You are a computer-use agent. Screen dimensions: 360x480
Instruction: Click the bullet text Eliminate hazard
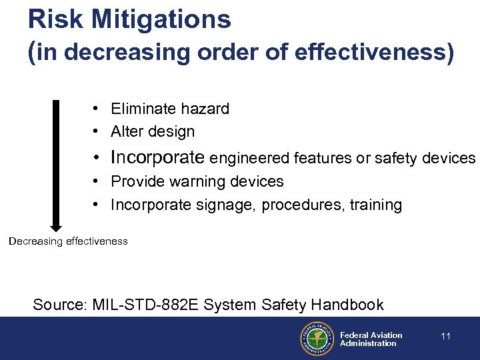click(x=170, y=109)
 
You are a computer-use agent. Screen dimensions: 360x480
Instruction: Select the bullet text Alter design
click(x=153, y=131)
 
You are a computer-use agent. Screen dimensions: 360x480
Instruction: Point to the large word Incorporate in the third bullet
click(x=157, y=157)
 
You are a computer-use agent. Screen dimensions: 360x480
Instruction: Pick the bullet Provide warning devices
click(x=197, y=181)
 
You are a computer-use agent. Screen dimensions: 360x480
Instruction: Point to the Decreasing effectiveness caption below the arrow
click(x=68, y=241)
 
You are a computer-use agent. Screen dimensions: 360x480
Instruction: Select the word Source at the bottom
click(x=59, y=305)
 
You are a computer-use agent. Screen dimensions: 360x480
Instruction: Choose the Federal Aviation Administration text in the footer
click(x=371, y=339)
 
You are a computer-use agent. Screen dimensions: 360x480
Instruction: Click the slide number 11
click(x=446, y=336)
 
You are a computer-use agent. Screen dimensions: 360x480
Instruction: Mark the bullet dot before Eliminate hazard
click(x=97, y=109)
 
